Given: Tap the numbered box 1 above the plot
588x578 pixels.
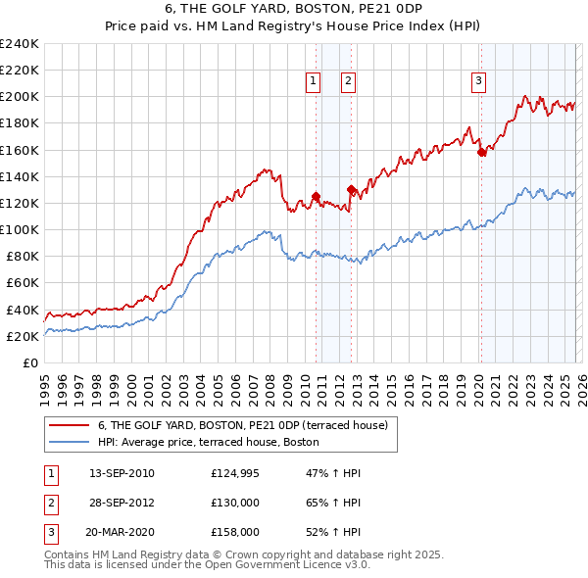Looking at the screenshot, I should [x=314, y=82].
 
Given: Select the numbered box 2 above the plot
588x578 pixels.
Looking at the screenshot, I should [x=348, y=82].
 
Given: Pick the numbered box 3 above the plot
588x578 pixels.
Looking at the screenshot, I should [x=479, y=82].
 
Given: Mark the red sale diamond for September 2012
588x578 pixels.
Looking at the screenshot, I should [x=351, y=189].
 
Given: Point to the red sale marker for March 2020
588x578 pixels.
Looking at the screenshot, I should [x=481, y=152].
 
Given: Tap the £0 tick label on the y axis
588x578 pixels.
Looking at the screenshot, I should [x=30, y=362].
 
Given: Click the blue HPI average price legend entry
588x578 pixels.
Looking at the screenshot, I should [x=215, y=442].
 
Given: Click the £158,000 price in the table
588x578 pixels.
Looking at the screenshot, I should [x=235, y=532].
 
